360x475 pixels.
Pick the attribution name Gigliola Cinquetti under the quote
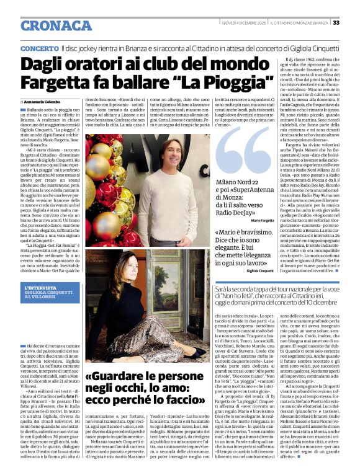pyautogui.click(x=260, y=271)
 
